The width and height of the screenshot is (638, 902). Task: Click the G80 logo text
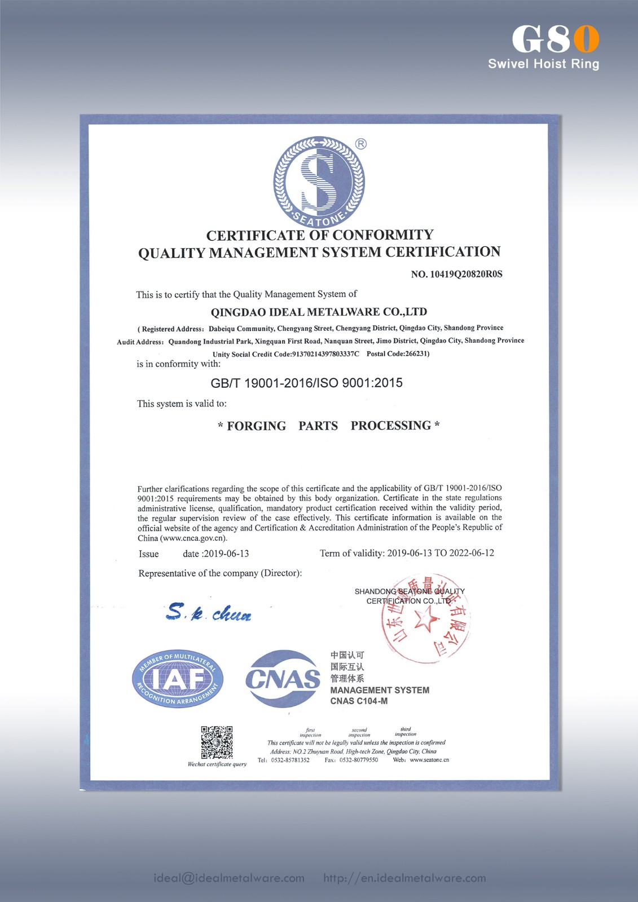pos(555,39)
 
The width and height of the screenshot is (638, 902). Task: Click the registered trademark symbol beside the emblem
pos(361,144)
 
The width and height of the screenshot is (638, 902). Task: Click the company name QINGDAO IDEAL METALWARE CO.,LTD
pos(319,312)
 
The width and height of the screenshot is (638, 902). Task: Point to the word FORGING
pos(256,426)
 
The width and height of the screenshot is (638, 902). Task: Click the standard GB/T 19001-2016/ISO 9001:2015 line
pos(306,383)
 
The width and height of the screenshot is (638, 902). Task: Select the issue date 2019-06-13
pos(226,554)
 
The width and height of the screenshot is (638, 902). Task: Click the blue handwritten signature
pos(209,612)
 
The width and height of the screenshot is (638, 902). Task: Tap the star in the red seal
pos(426,621)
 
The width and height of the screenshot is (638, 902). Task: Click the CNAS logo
pos(283,679)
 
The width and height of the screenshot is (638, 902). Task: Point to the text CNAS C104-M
pos(359,701)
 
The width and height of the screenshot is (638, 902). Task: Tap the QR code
pos(217,742)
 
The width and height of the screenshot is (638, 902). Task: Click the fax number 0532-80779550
pos(358,760)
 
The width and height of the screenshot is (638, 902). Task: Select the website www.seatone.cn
pos(429,760)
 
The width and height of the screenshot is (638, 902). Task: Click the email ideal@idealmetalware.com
pos(229,878)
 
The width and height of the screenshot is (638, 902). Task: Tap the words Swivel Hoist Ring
pos(543,64)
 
